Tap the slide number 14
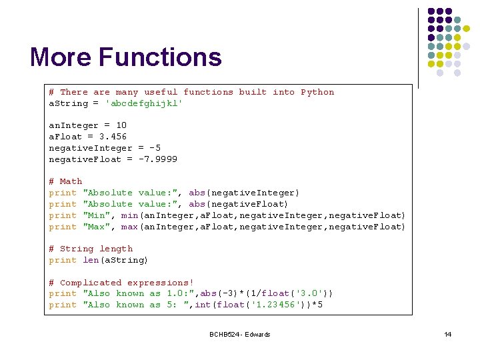click(447, 334)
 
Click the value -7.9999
click(158, 159)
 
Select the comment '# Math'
click(65, 181)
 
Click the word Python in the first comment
click(317, 92)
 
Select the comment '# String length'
click(91, 249)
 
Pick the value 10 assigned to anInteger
click(121, 125)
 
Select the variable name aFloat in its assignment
click(65, 137)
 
